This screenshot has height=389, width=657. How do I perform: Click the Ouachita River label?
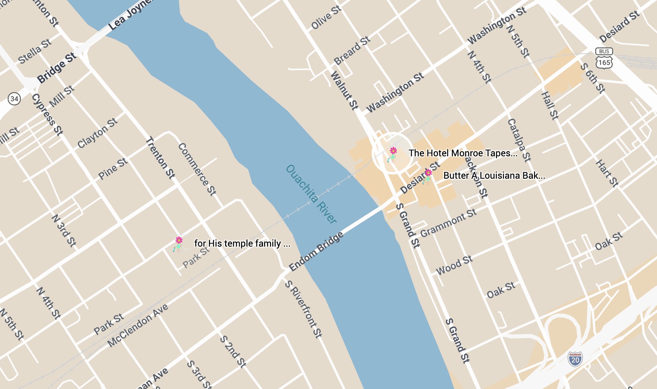click(311, 194)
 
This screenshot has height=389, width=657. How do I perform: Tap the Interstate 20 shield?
click(575, 359)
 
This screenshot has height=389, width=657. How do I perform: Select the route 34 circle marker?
click(14, 98)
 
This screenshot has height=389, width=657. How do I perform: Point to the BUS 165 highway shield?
click(604, 58)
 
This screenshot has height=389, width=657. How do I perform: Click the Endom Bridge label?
click(316, 252)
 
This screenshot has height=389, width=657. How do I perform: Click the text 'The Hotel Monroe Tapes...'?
click(463, 153)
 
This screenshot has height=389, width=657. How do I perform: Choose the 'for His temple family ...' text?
click(242, 244)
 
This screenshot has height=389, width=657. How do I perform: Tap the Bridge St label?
click(57, 68)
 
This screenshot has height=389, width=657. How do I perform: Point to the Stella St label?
click(35, 51)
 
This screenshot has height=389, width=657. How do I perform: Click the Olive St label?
click(326, 17)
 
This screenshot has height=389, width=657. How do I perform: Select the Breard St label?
click(352, 51)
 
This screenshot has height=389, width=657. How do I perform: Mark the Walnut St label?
click(344, 91)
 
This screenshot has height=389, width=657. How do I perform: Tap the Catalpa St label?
click(519, 140)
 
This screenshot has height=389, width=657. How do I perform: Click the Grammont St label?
click(448, 223)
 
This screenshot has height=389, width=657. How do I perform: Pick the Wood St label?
click(454, 266)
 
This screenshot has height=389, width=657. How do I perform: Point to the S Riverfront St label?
click(303, 309)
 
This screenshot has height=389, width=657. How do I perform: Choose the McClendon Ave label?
click(138, 325)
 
